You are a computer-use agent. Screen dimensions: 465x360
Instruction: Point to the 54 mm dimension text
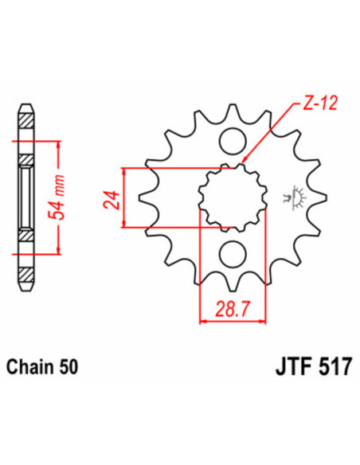point(72,198)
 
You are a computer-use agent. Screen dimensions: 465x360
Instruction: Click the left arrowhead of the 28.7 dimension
point(202,321)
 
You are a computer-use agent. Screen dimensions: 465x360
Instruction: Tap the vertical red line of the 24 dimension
point(124,198)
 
